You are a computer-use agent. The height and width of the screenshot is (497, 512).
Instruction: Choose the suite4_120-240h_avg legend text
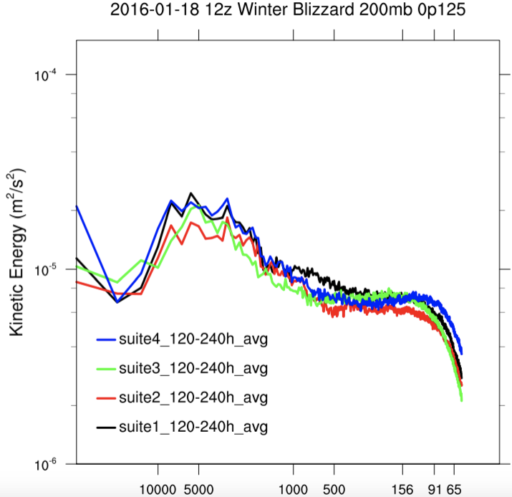(x=193, y=339)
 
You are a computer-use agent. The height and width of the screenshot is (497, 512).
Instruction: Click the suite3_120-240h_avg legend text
(x=193, y=368)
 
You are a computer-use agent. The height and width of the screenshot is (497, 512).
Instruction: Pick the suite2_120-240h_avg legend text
(x=193, y=397)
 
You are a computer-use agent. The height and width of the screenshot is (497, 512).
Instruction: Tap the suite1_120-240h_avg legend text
(x=193, y=427)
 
